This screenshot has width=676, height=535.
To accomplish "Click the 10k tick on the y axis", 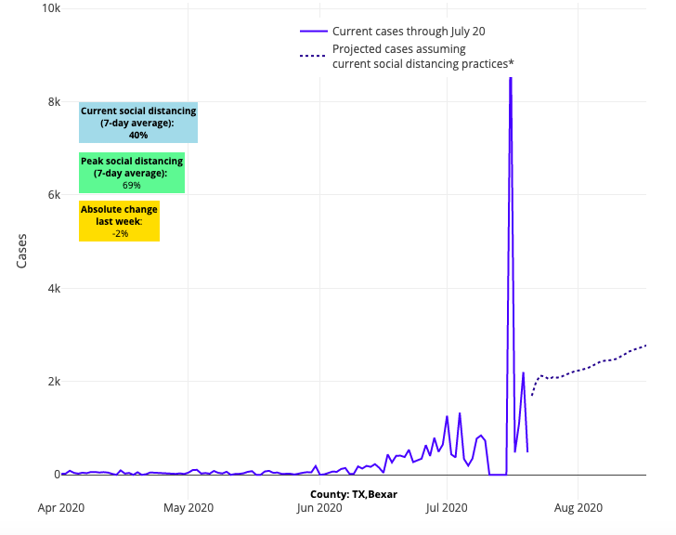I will click(48, 8).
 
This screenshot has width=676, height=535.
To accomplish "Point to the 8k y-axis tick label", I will click(52, 102).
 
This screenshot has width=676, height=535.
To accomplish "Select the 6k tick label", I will click(52, 195).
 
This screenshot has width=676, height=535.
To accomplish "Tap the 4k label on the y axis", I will click(52, 289).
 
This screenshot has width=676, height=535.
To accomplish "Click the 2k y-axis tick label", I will click(52, 382).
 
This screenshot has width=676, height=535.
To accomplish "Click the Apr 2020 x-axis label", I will click(61, 508).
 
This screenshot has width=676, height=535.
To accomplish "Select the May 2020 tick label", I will click(188, 508).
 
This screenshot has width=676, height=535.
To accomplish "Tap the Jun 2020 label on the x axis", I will click(319, 508).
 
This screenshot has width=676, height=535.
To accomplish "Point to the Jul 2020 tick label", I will click(447, 508).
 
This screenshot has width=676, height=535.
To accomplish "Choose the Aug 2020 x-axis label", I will click(578, 508).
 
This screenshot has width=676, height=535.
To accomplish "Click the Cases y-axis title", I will click(22, 250).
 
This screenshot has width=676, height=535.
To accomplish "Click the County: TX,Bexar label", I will click(354, 494).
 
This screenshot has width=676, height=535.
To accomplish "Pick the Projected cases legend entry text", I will click(422, 56).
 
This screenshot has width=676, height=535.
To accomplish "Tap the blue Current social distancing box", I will click(138, 123).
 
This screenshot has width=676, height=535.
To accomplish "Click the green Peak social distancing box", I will click(132, 173).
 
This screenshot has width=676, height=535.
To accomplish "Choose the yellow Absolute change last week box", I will click(119, 221).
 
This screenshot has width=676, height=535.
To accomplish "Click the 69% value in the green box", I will click(132, 186).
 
